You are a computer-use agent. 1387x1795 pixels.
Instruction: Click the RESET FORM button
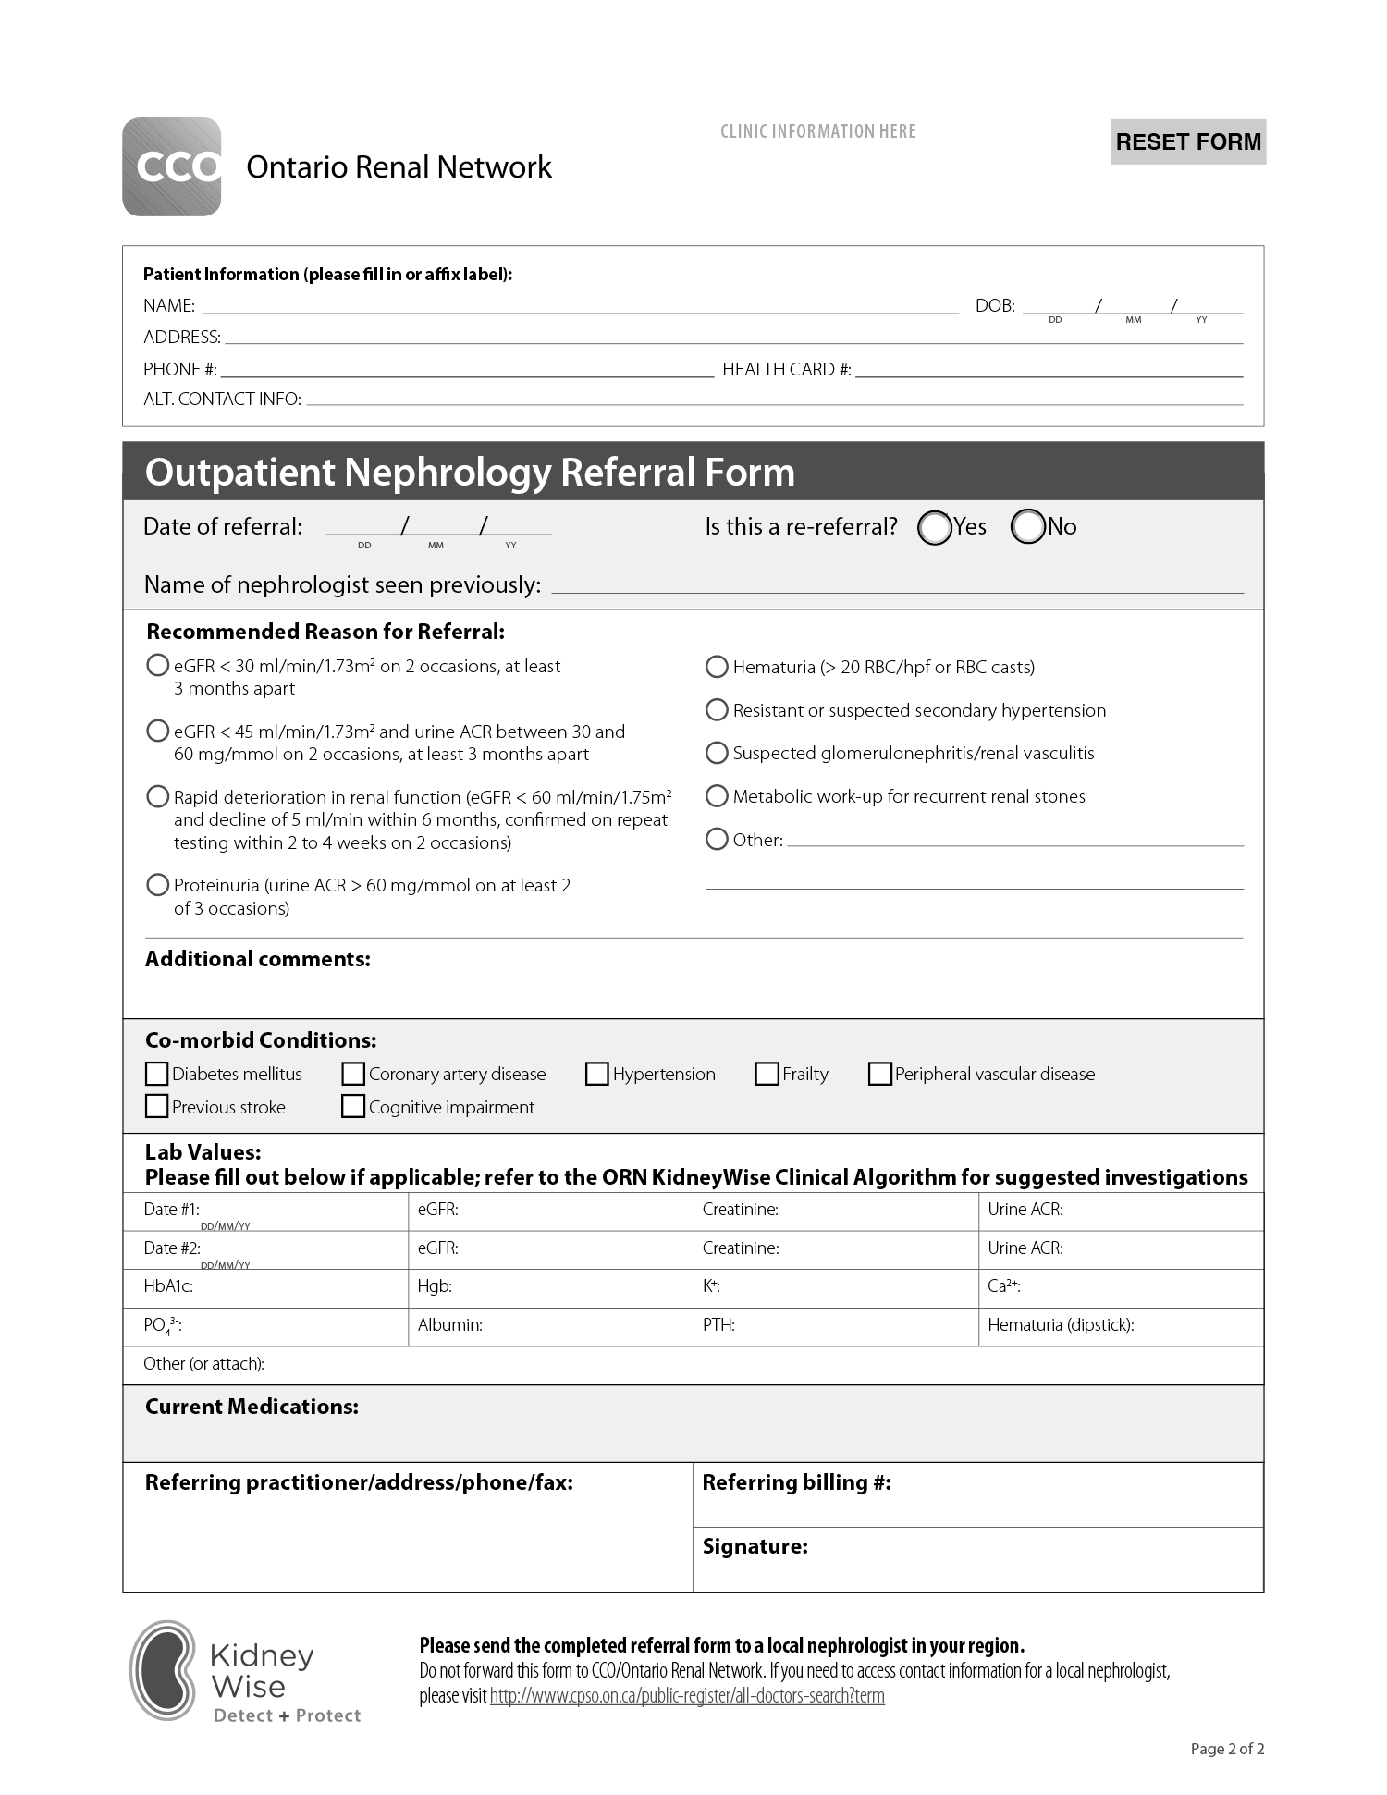pos(1187,141)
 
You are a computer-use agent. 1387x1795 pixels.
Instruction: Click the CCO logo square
pos(172,167)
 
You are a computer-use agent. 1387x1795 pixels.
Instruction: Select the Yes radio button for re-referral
pos(934,527)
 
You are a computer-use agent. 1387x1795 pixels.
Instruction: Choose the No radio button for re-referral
pos(1027,527)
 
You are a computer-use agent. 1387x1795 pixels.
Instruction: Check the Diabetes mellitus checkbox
pos(157,1074)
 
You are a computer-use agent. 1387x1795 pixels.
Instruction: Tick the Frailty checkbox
pos(767,1074)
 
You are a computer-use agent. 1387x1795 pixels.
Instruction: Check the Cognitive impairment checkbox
pos(353,1107)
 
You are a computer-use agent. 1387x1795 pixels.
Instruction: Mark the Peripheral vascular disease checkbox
pos(879,1074)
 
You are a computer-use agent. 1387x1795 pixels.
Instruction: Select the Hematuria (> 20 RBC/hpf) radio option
pos(717,667)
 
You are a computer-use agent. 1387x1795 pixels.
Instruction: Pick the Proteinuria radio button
pos(157,885)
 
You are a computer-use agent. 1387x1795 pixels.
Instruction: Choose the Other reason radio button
pos(717,839)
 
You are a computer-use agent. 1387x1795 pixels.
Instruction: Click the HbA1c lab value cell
pos(264,1286)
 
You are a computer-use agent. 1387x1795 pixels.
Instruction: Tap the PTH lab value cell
pos(835,1325)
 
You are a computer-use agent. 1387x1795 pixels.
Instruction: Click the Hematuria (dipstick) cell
pos(1120,1325)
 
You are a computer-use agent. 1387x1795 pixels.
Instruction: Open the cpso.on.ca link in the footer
pos(686,1696)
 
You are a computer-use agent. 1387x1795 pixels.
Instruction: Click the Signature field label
pos(755,1546)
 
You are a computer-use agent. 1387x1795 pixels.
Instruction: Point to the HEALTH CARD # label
pos(786,369)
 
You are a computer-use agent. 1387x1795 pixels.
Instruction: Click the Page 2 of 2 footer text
pos(1227,1749)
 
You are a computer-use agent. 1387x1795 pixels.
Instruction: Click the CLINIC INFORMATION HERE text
pos(817,131)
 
